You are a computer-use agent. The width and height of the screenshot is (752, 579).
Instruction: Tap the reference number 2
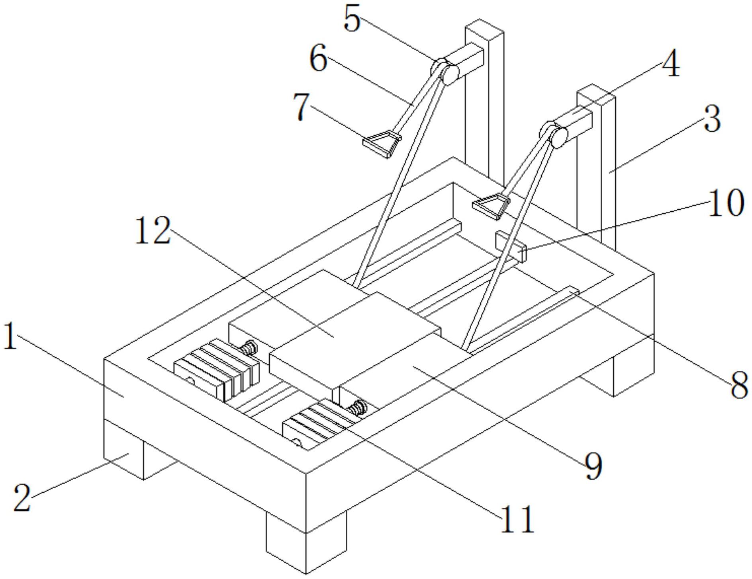pyautogui.click(x=22, y=497)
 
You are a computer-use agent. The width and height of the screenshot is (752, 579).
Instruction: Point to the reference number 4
pyautogui.click(x=670, y=64)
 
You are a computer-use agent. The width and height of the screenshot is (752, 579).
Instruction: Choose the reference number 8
pyautogui.click(x=739, y=385)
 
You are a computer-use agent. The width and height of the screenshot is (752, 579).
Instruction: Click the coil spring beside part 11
pyautogui.click(x=358, y=408)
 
